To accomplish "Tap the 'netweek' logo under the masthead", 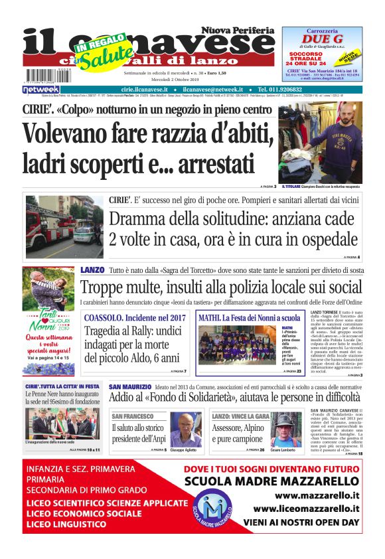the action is (x=41, y=89).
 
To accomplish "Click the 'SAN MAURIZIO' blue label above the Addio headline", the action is (x=130, y=386).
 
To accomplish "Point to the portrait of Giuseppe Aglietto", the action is (x=186, y=430).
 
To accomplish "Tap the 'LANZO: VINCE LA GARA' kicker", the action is (x=241, y=416).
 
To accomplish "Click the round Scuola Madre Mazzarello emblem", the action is (x=213, y=508).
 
